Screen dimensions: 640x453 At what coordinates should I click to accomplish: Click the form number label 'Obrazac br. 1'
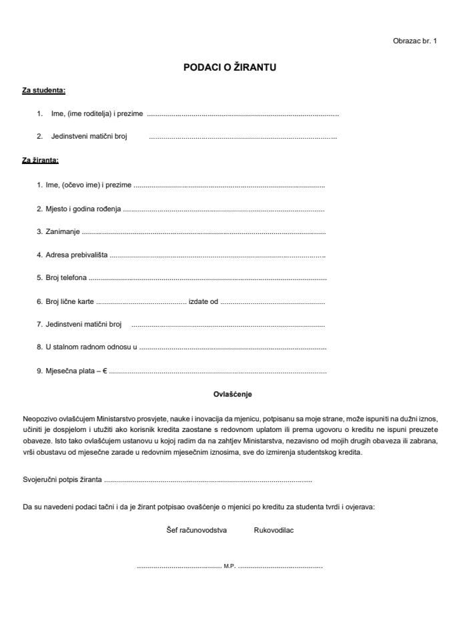click(414, 41)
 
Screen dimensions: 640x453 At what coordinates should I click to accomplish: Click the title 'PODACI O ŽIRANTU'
click(230, 67)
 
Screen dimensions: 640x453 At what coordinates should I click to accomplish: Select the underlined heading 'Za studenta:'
click(44, 89)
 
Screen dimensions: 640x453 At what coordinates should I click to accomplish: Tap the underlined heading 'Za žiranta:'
click(41, 161)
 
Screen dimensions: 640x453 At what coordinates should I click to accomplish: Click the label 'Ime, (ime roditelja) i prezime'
click(97, 114)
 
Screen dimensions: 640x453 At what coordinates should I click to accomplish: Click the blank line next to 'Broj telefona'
click(207, 278)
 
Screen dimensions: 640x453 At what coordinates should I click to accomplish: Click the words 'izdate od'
click(203, 301)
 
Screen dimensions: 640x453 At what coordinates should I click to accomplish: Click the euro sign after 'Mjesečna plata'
click(105, 371)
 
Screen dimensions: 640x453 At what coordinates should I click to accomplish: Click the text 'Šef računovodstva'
click(197, 531)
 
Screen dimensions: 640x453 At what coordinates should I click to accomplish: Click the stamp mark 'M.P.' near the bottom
click(230, 567)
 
